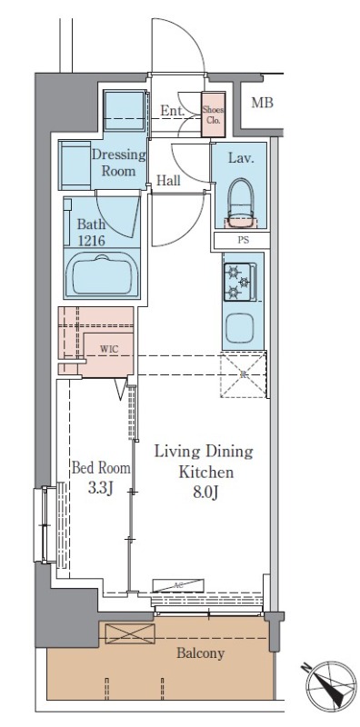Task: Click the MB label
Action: [x=262, y=103]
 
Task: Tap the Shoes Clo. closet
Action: [x=213, y=115]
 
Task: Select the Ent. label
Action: [x=173, y=110]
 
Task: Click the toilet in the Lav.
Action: [x=241, y=203]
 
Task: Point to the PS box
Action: [x=242, y=241]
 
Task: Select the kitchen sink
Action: [x=239, y=328]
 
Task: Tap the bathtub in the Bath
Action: [x=102, y=274]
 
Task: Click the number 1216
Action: [x=91, y=240]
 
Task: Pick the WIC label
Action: [x=109, y=350]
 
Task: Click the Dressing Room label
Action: [x=119, y=163]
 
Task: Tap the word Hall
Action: [x=168, y=180]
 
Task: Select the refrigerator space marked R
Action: [x=244, y=374]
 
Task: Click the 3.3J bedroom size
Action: [x=100, y=489]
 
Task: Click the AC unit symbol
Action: [x=178, y=585]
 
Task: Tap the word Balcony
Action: [x=200, y=653]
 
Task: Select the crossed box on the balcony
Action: [x=130, y=633]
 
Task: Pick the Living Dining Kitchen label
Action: [x=205, y=462]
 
